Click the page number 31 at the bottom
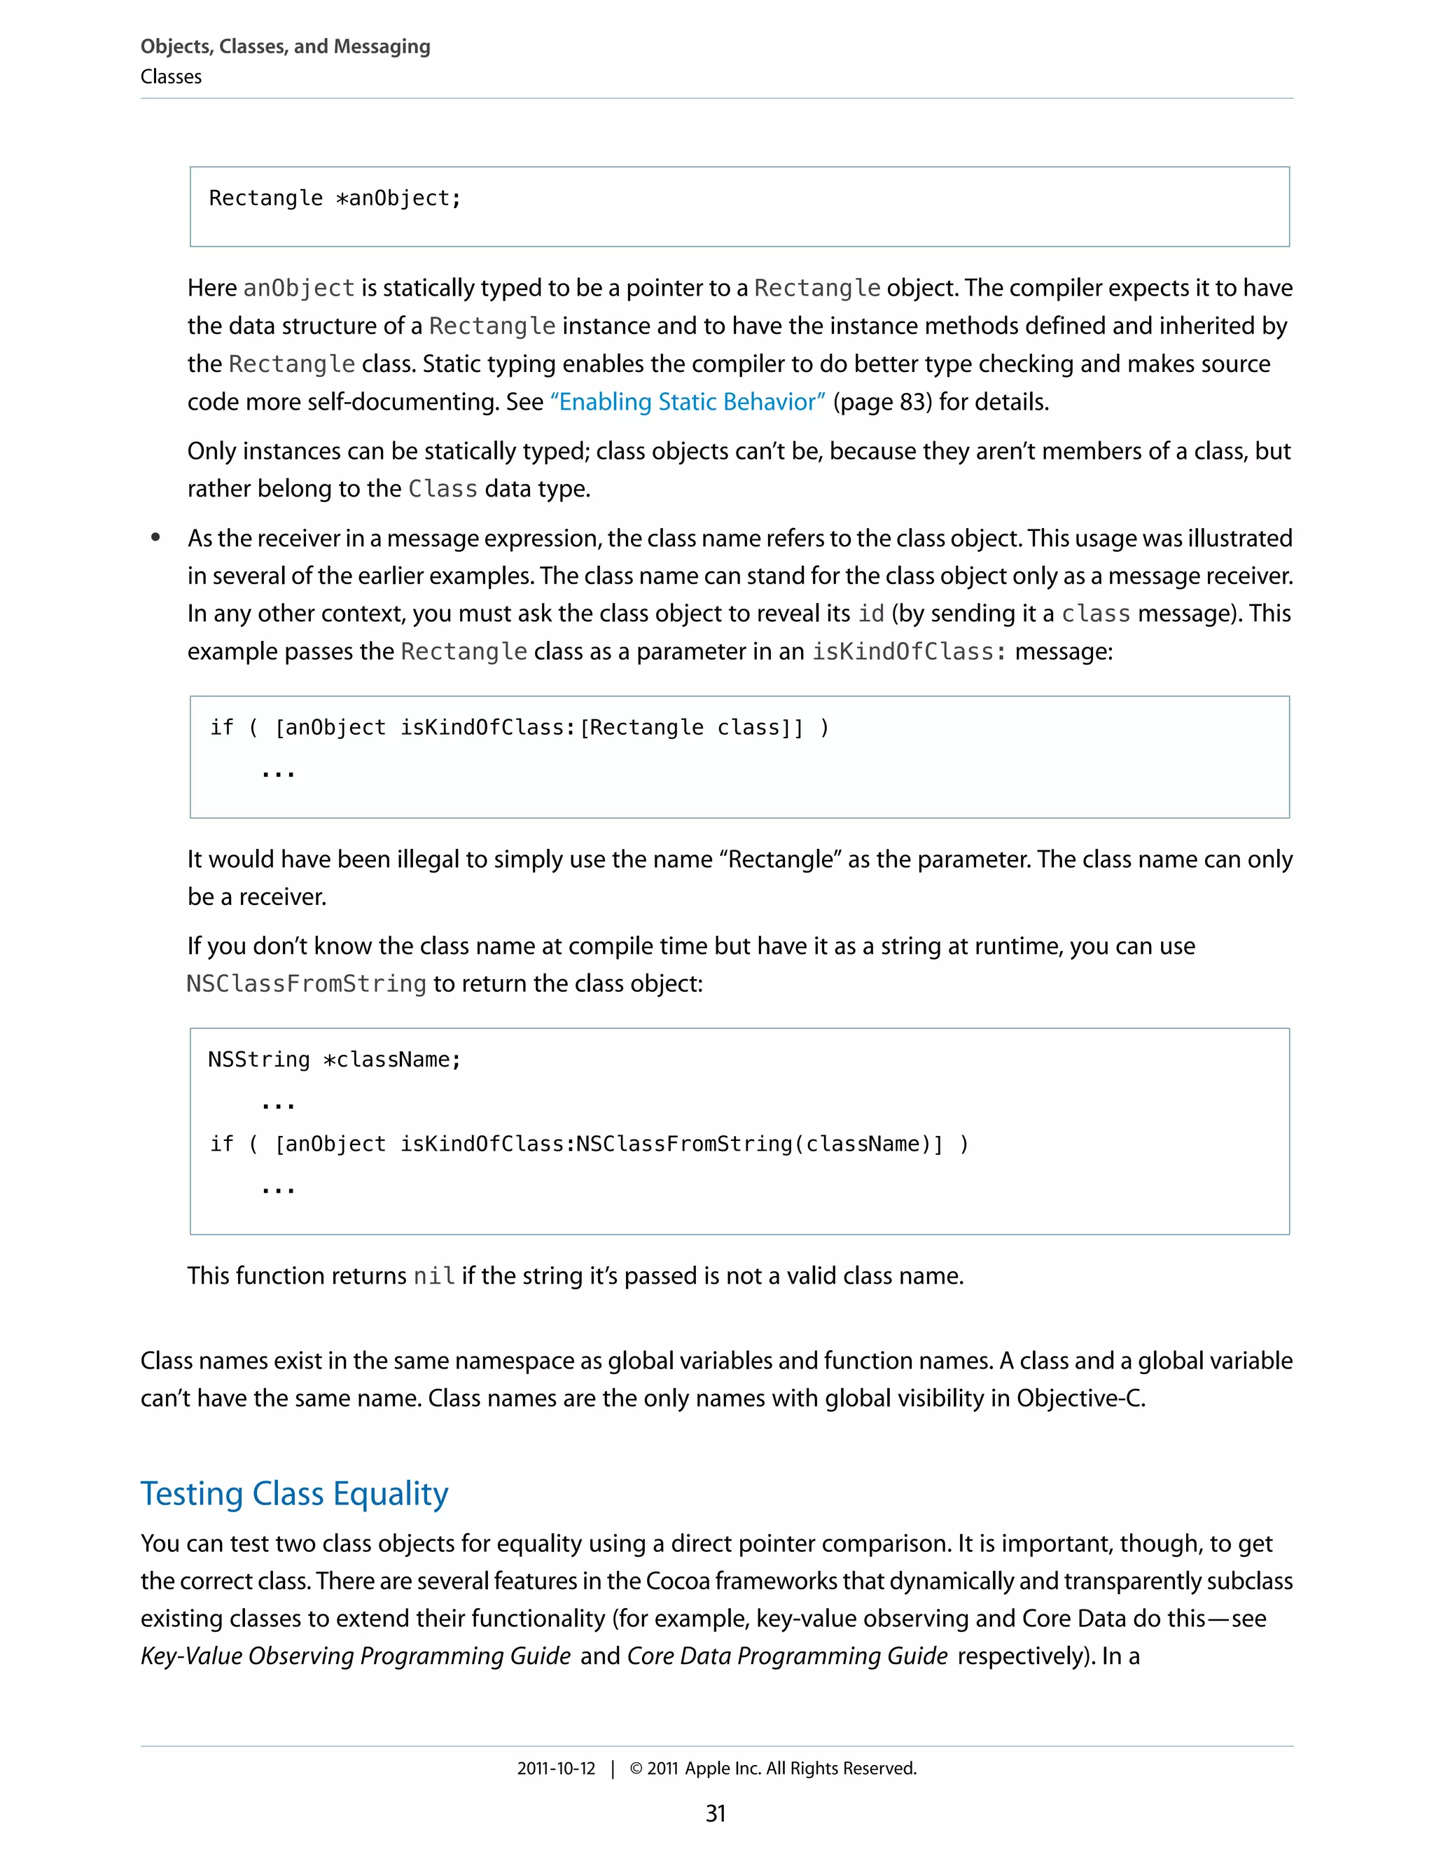716,1813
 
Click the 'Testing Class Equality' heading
294,1493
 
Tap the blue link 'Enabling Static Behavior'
688,401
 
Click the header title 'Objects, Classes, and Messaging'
286,47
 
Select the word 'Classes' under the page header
171,77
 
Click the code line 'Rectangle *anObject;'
335,198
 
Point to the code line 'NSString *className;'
335,1060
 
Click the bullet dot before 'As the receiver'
155,537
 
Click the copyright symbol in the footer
636,1768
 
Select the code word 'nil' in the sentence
433,1276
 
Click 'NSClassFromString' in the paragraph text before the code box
306,984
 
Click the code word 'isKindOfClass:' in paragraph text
909,652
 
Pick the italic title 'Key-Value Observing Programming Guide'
355,1656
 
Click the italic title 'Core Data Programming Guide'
786,1656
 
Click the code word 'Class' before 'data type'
443,489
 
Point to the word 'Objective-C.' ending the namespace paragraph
1080,1398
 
